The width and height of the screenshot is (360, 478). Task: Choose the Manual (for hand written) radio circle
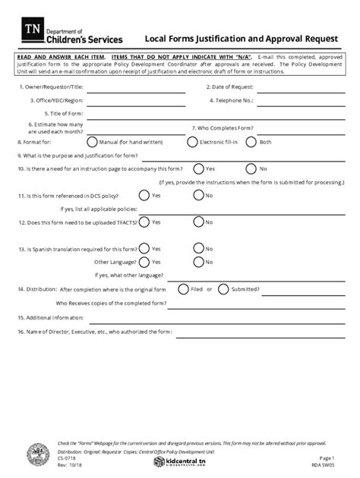[92, 142]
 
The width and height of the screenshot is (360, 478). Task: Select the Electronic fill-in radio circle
[193, 142]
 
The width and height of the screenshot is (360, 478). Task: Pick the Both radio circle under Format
[252, 142]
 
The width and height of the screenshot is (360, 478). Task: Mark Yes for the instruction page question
[198, 168]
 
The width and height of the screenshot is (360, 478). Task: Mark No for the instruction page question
[252, 168]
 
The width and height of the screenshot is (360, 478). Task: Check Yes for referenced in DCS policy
[144, 196]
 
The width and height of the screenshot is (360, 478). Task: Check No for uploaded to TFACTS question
[198, 222]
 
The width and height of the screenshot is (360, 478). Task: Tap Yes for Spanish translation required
[144, 249]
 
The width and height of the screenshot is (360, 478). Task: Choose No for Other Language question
[198, 262]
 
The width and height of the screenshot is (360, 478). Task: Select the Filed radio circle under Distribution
[183, 289]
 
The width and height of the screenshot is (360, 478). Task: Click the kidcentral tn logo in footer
[179, 461]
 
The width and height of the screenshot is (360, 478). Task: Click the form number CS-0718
[66, 458]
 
